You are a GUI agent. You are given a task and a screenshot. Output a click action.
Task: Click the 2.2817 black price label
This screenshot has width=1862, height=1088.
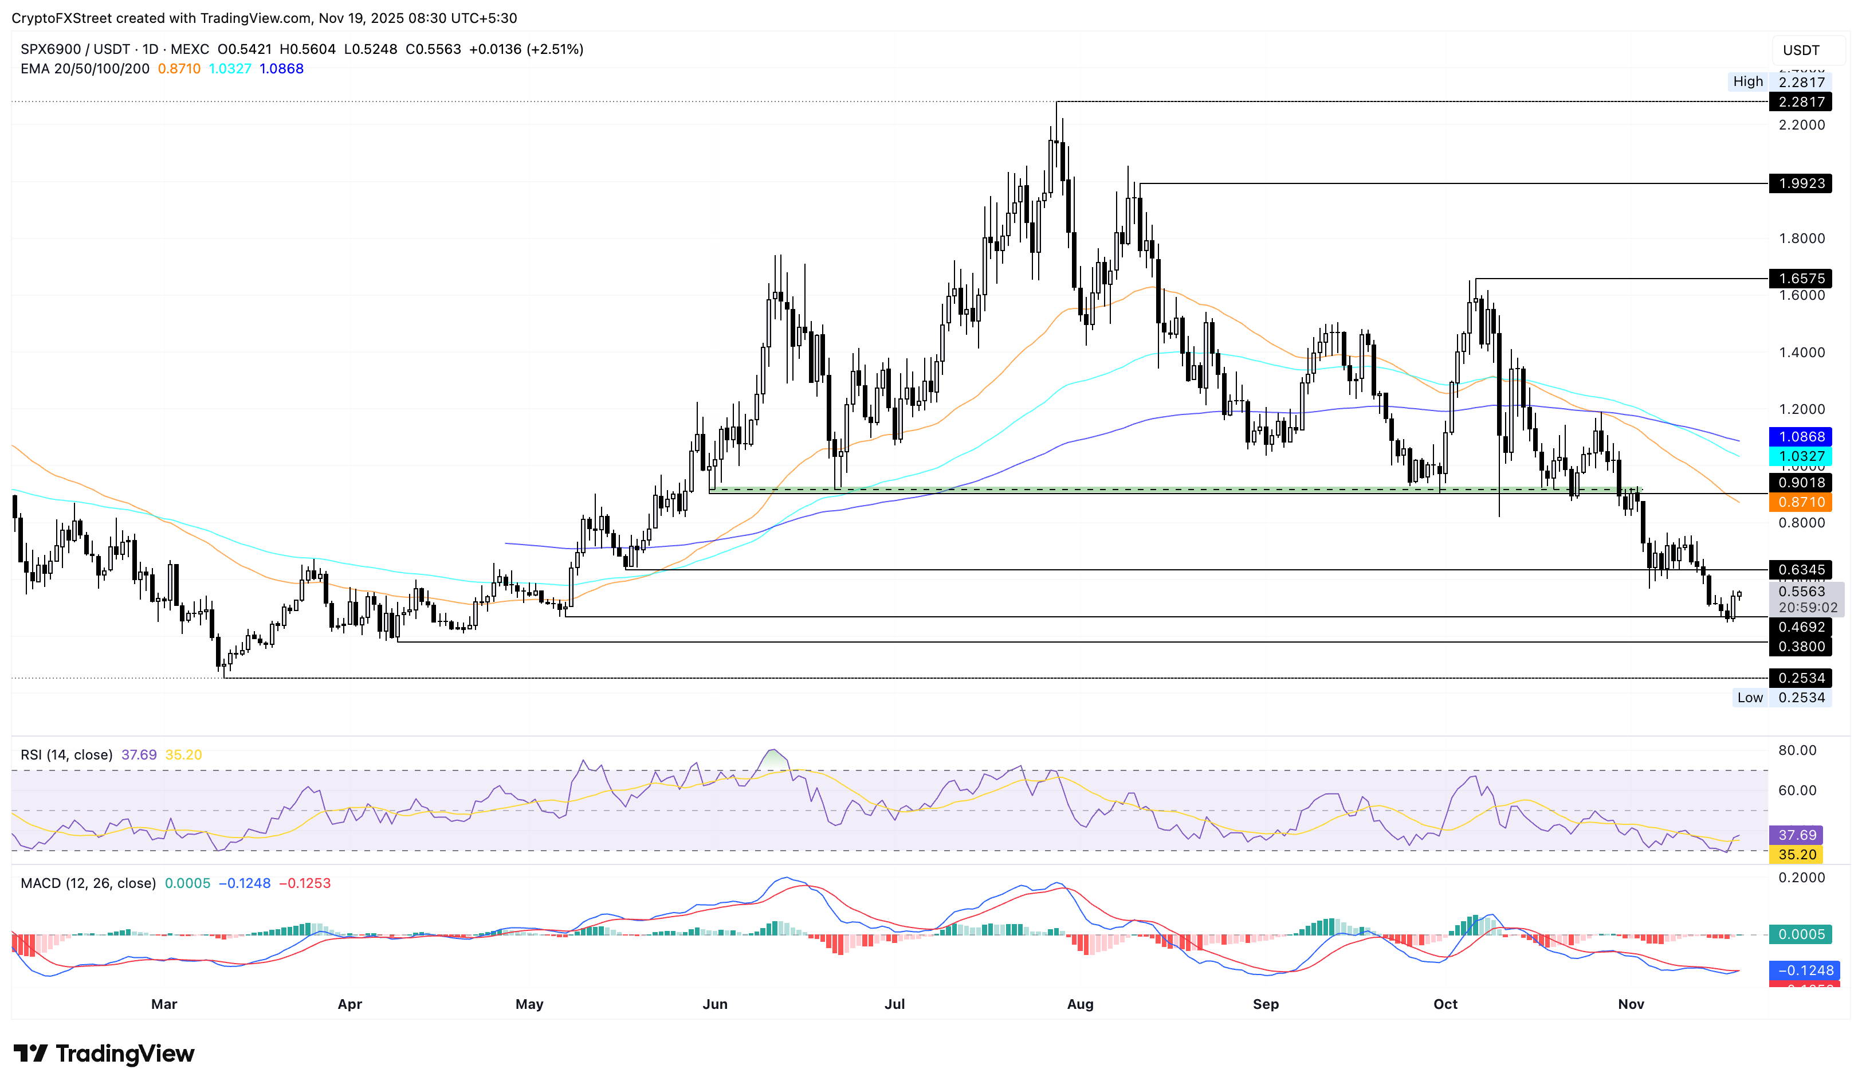point(1800,102)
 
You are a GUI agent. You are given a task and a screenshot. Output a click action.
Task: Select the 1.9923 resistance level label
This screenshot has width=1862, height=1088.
point(1800,183)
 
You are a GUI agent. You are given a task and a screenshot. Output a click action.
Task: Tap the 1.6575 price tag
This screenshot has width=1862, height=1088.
point(1800,279)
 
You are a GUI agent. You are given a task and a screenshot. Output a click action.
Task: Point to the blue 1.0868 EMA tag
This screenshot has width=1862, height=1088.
point(1800,437)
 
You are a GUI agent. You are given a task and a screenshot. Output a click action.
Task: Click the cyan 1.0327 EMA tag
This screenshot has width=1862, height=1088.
point(1800,457)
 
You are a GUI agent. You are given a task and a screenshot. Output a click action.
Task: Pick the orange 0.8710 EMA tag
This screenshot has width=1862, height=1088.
point(1800,503)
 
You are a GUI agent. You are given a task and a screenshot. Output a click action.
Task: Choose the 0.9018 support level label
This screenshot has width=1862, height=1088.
point(1800,483)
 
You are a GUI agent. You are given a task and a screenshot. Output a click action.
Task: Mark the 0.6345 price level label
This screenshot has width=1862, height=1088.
point(1800,570)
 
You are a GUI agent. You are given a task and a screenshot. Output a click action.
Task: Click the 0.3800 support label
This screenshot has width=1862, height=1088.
point(1800,647)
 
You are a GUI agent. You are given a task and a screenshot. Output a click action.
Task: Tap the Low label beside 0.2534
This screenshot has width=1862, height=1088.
point(1750,698)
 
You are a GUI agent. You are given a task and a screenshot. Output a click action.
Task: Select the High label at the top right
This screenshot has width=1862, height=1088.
point(1747,81)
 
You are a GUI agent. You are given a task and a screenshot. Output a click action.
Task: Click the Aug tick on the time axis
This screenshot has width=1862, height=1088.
point(1081,1004)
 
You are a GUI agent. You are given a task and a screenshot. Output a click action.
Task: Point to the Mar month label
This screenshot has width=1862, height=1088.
point(164,1004)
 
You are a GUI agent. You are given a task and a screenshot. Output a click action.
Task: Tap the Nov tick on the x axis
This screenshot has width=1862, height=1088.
point(1631,1004)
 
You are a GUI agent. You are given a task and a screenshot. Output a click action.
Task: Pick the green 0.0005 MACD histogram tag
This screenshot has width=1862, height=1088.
point(1800,935)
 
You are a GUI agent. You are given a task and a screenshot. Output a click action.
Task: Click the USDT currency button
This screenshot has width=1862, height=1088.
point(1801,50)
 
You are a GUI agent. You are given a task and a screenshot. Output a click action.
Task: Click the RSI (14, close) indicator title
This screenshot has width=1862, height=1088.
point(66,754)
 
